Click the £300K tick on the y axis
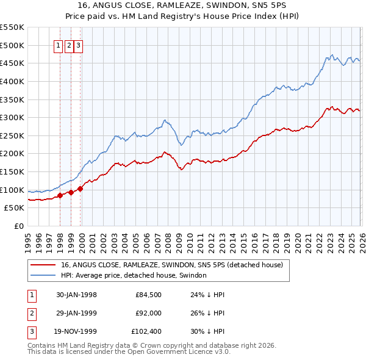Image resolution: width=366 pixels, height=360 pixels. [12, 117]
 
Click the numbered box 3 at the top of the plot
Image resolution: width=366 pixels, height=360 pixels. [79, 45]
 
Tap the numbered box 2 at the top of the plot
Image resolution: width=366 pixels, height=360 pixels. [70, 45]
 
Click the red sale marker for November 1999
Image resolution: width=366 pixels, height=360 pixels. [80, 189]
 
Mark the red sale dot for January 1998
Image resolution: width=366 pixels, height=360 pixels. [60, 195]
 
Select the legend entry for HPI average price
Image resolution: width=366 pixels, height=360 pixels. [134, 276]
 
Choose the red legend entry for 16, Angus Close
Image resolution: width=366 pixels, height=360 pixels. [171, 265]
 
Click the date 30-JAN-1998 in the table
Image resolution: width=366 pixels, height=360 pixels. [76, 295]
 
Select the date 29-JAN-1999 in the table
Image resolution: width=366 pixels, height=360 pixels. [76, 313]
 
